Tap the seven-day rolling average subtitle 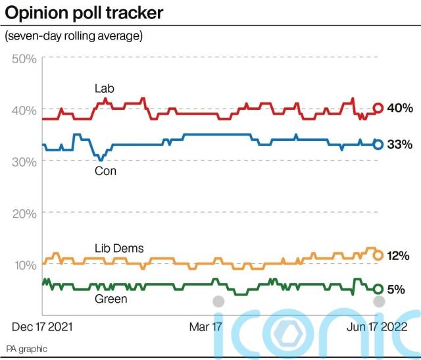(x=74, y=36)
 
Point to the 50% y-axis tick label (x=25, y=59)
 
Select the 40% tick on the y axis (x=25, y=110)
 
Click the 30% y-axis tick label (x=25, y=162)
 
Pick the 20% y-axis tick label (x=25, y=213)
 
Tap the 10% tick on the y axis (x=25, y=265)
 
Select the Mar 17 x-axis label (x=206, y=326)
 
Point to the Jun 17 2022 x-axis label (x=378, y=326)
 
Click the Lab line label (x=104, y=89)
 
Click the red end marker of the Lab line (x=378, y=108)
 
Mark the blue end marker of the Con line (x=378, y=144)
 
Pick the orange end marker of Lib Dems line (x=378, y=255)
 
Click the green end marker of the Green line (x=378, y=289)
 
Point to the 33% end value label (x=399, y=144)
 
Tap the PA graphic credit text (x=27, y=348)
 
